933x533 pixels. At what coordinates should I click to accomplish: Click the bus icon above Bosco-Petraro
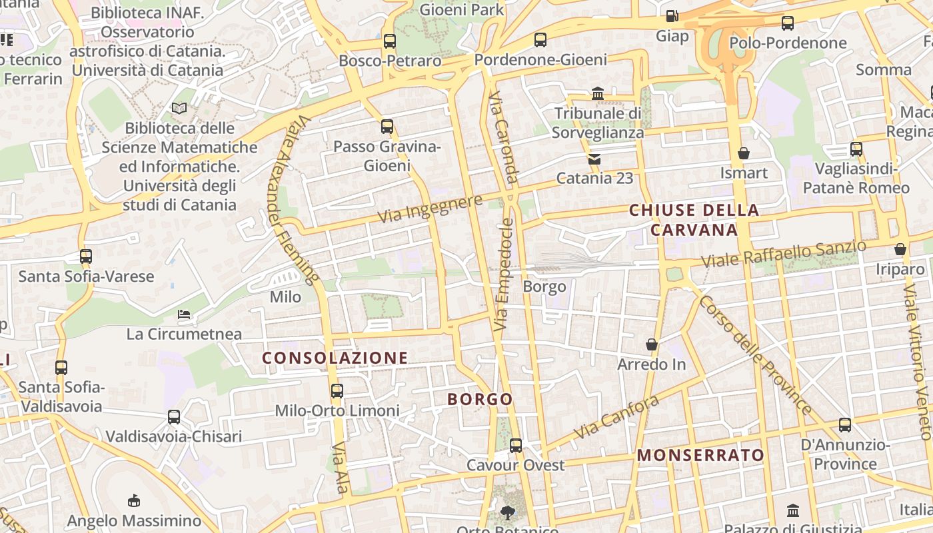tap(390, 41)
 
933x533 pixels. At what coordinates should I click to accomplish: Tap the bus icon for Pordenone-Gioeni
tap(540, 40)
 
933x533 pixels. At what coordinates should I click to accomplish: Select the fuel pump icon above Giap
tap(672, 15)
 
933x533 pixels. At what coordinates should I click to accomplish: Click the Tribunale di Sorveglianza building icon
tap(598, 94)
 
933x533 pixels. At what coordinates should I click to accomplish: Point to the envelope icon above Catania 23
tap(594, 159)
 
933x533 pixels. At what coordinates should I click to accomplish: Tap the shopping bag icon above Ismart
tap(744, 154)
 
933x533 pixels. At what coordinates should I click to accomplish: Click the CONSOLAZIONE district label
tap(335, 358)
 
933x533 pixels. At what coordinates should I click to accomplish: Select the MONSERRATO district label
tap(701, 455)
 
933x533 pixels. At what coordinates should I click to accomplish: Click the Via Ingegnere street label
tap(430, 209)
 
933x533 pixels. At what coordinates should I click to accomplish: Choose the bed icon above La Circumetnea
tap(184, 314)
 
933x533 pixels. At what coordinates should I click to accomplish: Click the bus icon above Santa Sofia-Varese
tap(86, 257)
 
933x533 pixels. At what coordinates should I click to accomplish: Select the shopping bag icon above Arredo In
tap(652, 345)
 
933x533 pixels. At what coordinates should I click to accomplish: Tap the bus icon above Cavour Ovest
tap(516, 446)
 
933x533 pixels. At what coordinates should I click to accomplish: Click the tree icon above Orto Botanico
tap(508, 512)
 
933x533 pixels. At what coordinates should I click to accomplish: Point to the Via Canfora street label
tap(616, 417)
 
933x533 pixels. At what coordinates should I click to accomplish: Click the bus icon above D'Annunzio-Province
tap(845, 425)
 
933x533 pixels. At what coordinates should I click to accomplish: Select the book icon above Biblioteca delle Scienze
tap(179, 108)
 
